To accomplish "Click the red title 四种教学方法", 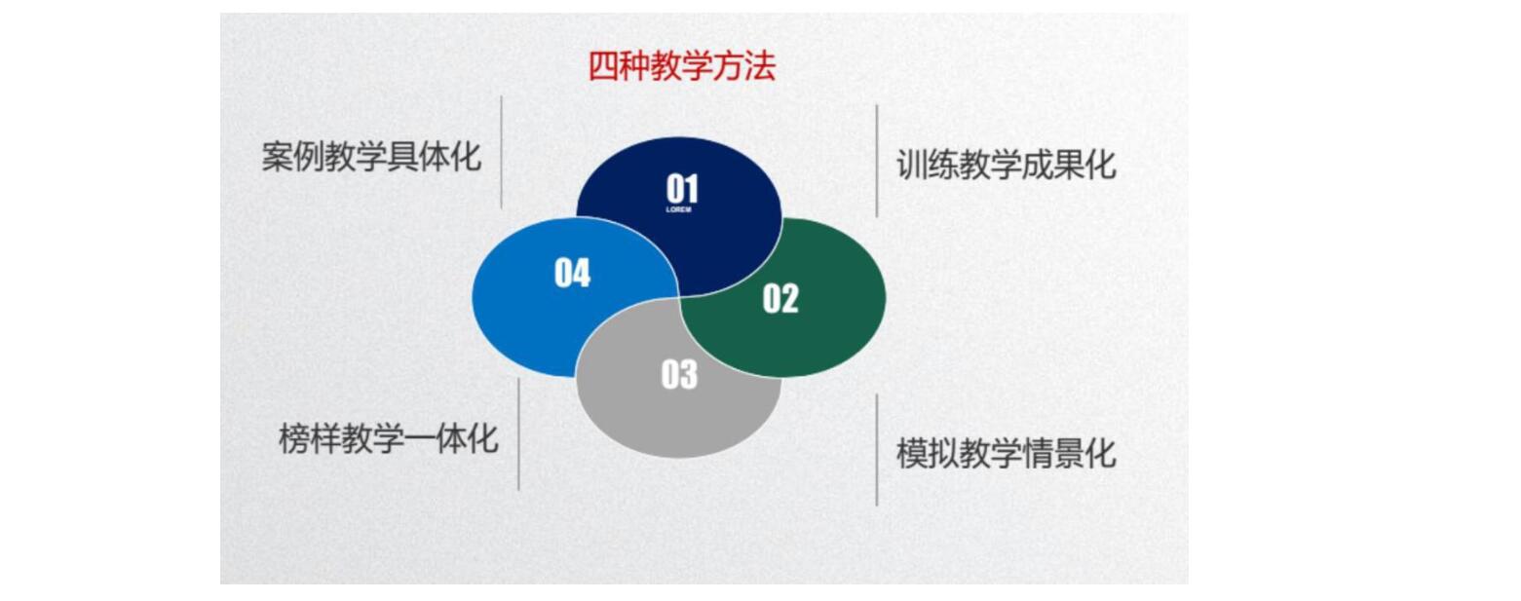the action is (681, 66).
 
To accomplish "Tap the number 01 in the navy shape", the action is (682, 188).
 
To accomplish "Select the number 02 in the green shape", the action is (780, 299).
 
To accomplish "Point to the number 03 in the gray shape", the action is (679, 374).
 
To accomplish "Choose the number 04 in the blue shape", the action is (572, 273).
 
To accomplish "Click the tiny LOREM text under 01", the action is (678, 209).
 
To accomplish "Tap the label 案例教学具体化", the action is (371, 157).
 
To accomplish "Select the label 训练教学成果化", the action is (1007, 165).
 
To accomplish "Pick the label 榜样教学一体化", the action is (389, 438).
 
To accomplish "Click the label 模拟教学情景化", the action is (1007, 453).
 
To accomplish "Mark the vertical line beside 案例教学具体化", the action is (502, 152).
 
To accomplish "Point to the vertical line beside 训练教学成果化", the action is (877, 161).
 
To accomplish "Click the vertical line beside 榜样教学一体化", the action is (518, 433).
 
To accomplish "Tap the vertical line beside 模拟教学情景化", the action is (877, 450).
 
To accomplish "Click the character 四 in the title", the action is (603, 66).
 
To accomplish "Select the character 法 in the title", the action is (760, 66).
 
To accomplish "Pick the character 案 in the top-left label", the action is (278, 157).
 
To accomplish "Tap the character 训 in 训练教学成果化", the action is (912, 165).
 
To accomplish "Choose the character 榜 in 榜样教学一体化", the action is (294, 438).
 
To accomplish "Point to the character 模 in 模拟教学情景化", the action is (912, 453).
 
